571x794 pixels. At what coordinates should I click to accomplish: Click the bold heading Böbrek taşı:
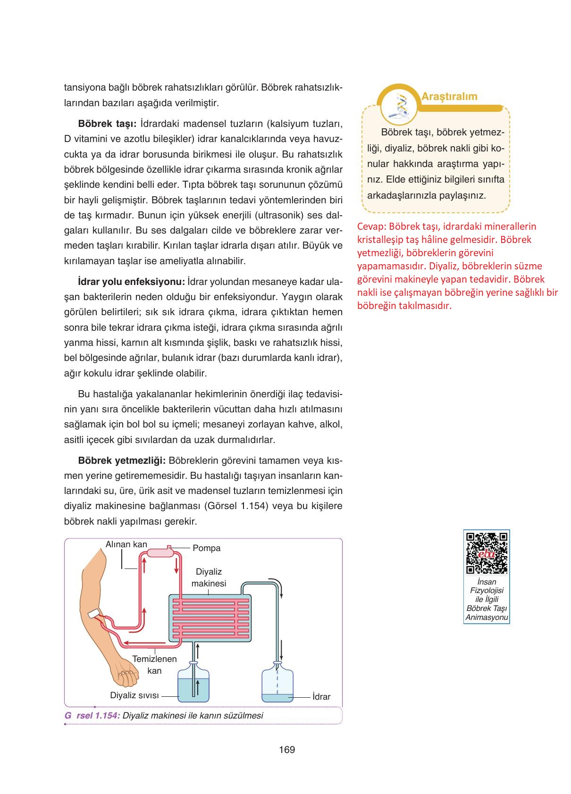coord(107,124)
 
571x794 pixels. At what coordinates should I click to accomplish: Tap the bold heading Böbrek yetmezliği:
coord(121,460)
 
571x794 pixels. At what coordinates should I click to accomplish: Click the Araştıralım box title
coord(449,97)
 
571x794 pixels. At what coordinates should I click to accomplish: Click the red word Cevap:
coord(371,226)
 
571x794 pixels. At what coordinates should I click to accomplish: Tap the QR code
coord(487,552)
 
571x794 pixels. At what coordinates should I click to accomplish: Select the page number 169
coord(287,750)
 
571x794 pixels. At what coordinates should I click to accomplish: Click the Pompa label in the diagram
coord(206,548)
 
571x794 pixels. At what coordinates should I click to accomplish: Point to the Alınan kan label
coord(126,544)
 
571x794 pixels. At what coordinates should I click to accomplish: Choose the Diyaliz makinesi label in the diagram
coord(209,577)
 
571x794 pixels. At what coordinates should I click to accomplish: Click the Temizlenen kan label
coord(154,665)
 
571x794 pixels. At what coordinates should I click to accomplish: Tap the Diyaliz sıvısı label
coord(134,695)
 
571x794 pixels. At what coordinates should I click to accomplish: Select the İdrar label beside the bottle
coord(321,697)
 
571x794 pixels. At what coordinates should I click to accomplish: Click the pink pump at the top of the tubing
coord(160,552)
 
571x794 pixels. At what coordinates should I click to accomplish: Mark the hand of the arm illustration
coord(123,676)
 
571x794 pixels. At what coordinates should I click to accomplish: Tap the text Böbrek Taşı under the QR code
coord(487,609)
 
